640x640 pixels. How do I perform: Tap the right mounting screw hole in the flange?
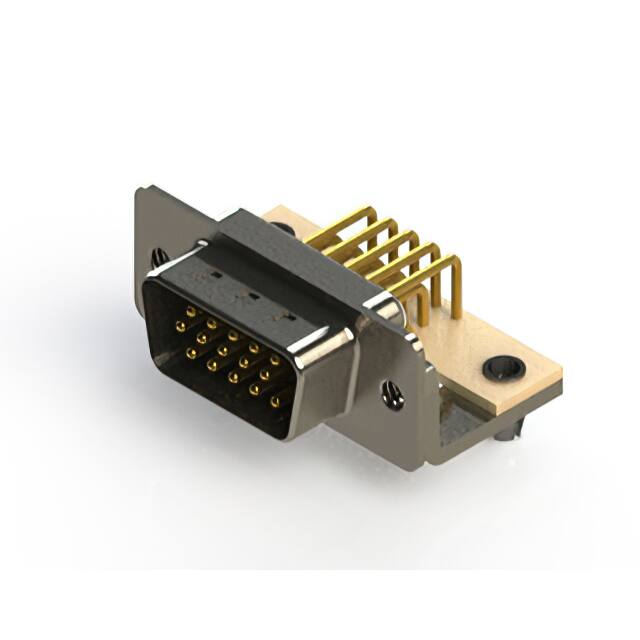point(393,396)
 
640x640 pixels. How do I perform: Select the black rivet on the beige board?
point(503,368)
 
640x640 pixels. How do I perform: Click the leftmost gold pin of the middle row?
point(180,325)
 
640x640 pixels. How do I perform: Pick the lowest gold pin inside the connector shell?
point(275,401)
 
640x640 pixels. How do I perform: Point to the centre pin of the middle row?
point(222,351)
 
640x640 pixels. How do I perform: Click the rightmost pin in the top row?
point(275,359)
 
